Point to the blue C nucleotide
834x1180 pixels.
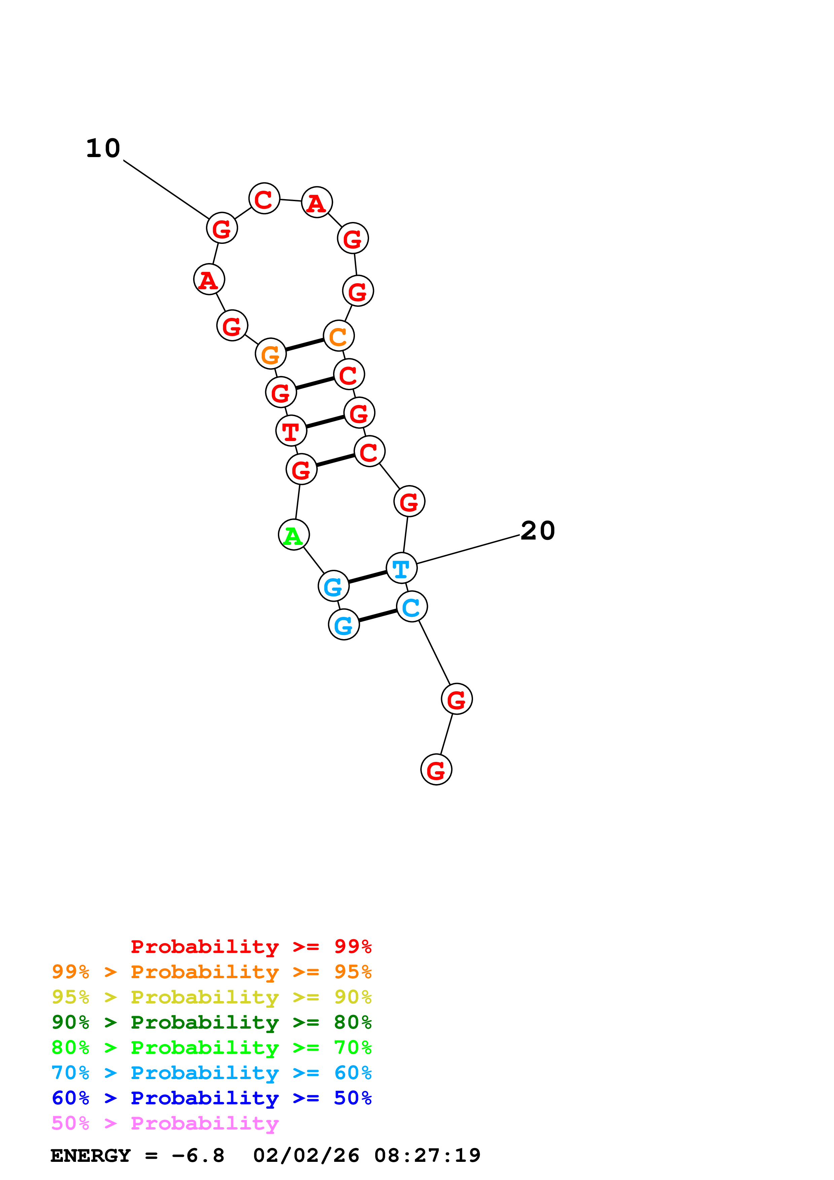411,606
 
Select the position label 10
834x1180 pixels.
103,149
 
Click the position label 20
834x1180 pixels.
538,530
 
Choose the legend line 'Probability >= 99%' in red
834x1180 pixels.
251,946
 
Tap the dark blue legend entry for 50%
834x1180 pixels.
211,1098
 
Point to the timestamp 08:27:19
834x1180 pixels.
427,1156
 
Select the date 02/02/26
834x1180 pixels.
306,1156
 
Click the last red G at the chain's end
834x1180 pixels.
436,769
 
